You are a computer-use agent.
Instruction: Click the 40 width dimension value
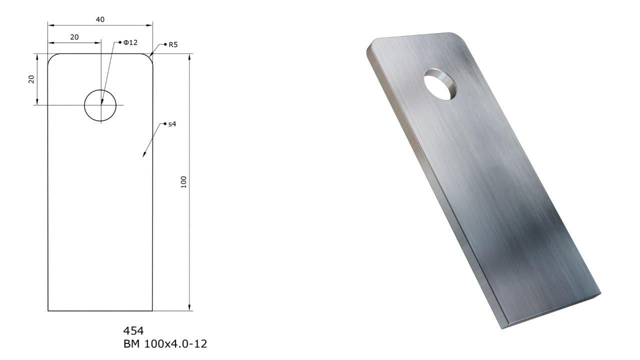(x=100, y=19)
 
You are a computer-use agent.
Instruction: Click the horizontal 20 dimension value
(x=74, y=37)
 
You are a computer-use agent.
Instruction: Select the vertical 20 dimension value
(x=31, y=79)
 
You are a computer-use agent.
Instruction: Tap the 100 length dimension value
(x=183, y=182)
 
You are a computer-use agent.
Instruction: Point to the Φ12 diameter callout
(x=130, y=42)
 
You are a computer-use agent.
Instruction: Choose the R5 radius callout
(x=173, y=44)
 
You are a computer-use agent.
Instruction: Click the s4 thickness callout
(x=172, y=124)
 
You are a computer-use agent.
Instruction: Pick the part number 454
(x=133, y=331)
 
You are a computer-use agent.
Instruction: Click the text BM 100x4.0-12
(x=165, y=343)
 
